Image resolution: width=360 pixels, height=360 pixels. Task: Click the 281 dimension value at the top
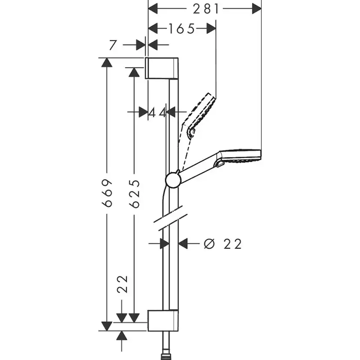click(x=204, y=9)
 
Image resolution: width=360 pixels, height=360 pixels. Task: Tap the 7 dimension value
click(x=113, y=45)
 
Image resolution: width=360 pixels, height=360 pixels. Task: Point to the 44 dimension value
click(x=157, y=113)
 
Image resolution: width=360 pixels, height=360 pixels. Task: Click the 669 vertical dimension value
click(x=107, y=193)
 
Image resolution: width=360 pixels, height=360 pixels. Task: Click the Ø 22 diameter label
click(x=222, y=244)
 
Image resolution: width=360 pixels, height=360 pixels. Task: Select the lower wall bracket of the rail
click(x=162, y=321)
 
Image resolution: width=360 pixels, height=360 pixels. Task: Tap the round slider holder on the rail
click(x=173, y=179)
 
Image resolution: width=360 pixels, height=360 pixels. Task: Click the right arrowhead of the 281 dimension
click(x=257, y=9)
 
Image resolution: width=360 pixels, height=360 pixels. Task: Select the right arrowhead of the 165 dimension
click(x=210, y=29)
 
